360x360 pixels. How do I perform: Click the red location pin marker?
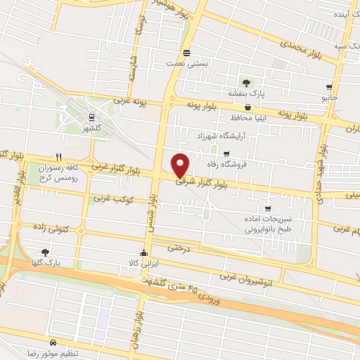(181, 165)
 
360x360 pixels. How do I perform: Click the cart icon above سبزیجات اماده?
(267, 209)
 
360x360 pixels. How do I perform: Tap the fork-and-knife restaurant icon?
(59, 157)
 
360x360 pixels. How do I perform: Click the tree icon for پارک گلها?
(45, 252)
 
